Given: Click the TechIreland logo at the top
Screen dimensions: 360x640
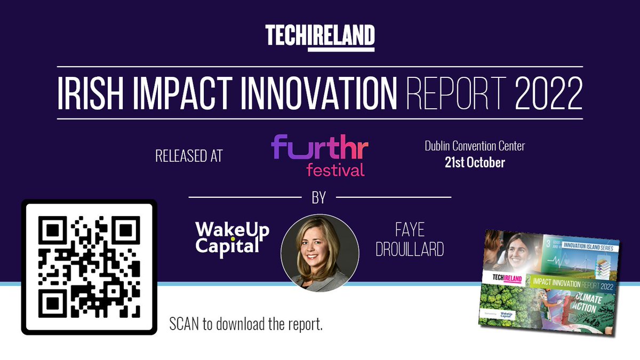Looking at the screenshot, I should pos(320,37).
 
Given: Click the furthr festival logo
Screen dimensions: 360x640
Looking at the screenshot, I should pos(319,155).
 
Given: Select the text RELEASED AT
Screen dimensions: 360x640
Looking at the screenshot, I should pos(188,156).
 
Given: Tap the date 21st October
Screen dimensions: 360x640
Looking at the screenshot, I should pos(475,163).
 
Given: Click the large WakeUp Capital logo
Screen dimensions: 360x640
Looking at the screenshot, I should pos(232,238).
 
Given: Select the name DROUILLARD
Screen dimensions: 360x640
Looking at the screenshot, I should pos(410,250).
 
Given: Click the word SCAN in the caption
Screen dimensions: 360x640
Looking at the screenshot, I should pos(185,324).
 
